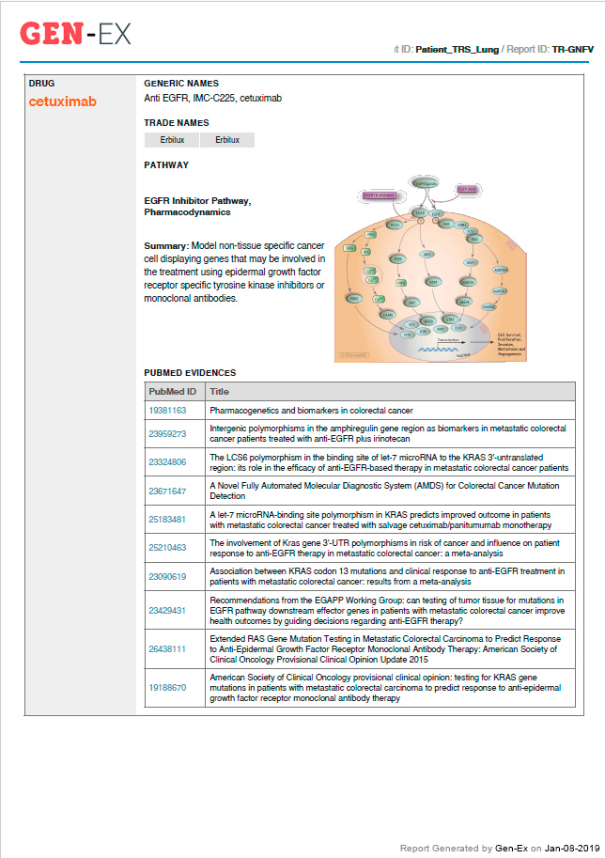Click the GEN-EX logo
(75, 34)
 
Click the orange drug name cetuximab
(62, 101)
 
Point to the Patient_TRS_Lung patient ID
(458, 48)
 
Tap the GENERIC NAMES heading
(180, 83)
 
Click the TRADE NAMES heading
(176, 123)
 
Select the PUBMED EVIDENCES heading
(190, 373)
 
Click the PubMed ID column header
(172, 391)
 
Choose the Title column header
(219, 391)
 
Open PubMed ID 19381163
(167, 411)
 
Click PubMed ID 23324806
(167, 461)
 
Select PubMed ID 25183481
(167, 519)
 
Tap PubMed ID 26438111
(167, 648)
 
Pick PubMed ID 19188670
(167, 687)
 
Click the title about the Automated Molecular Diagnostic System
(384, 490)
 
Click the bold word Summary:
(165, 245)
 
